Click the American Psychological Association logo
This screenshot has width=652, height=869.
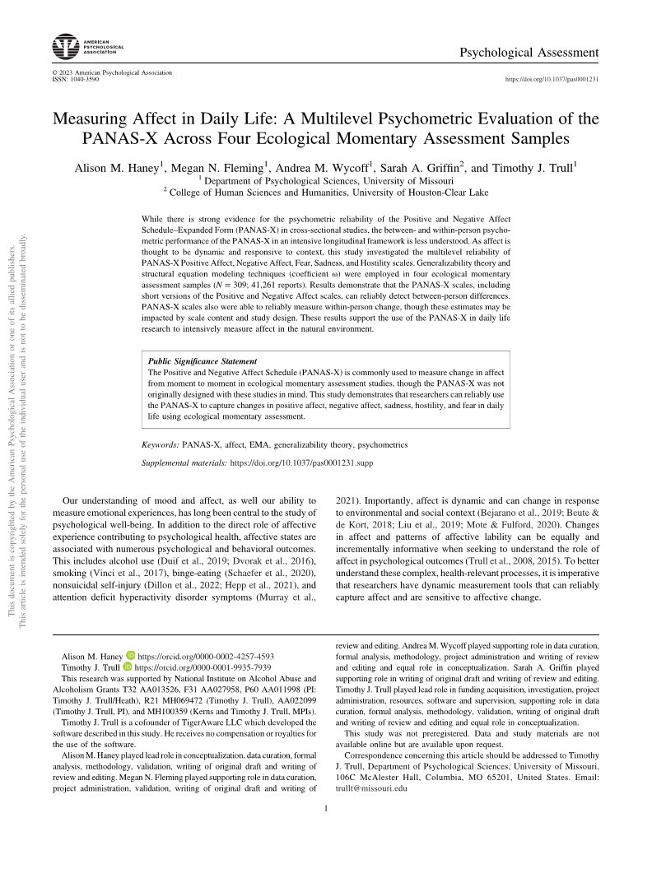87,46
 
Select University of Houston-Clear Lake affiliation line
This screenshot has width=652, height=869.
328,193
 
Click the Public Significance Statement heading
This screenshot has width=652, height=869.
202,360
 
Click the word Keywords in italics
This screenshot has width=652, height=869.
161,444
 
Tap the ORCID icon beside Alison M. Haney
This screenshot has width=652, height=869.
128,634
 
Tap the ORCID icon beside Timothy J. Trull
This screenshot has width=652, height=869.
128,645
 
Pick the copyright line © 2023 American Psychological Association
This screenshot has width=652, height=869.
112,73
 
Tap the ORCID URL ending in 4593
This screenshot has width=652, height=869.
205,634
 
